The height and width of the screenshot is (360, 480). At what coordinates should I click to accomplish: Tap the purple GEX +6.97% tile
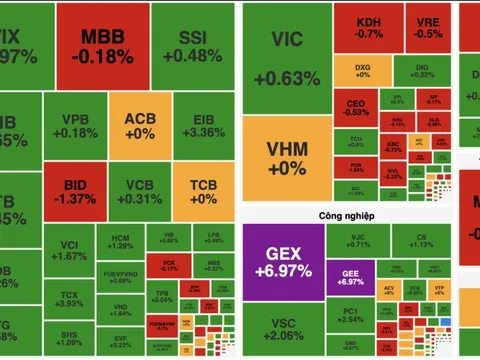click(284, 261)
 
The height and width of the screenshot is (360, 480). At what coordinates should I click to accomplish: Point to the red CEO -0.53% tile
click(355, 107)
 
